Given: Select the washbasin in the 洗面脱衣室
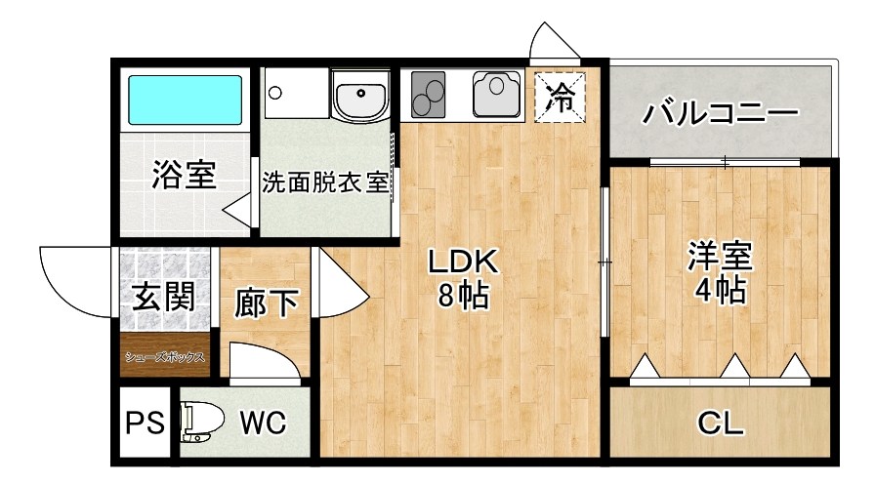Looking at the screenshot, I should point(359,98).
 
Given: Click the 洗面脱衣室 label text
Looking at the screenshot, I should point(325,182).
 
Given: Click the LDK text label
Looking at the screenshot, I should point(465,262).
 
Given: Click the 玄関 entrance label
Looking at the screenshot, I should point(163,293).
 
